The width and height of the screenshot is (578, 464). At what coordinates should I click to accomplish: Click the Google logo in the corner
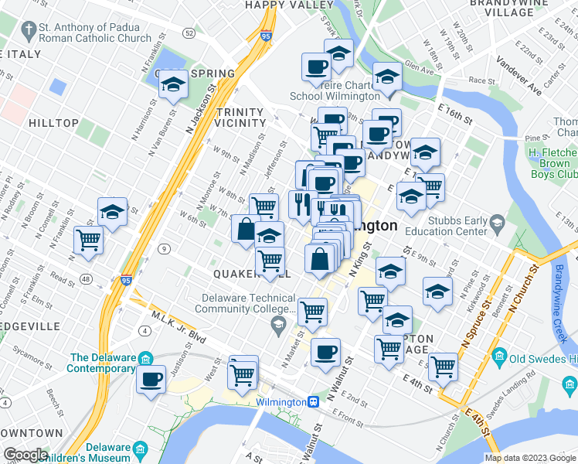[25, 455]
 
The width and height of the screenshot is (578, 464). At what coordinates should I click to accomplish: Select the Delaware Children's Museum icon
[140, 450]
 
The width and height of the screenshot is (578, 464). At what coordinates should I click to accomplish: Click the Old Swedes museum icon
[498, 357]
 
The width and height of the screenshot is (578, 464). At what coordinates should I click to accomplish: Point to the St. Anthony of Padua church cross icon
[29, 32]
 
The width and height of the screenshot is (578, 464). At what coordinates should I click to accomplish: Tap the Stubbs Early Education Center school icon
[498, 224]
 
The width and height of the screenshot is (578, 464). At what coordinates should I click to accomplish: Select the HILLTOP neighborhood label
[53, 123]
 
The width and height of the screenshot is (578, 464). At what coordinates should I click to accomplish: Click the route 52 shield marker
[189, 33]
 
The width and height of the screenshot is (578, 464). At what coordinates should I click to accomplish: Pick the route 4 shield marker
[144, 331]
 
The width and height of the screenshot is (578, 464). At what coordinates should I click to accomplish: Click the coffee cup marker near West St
[151, 379]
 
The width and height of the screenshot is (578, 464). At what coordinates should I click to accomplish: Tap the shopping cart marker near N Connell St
[89, 240]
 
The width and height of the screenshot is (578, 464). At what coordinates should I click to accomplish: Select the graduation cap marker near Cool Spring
[173, 84]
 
